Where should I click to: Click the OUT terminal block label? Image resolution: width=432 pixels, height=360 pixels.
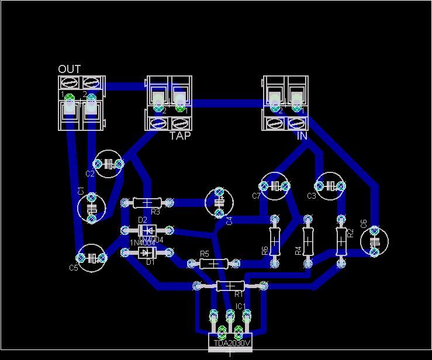(69, 70)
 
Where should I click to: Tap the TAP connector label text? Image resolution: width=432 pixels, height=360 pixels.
(180, 136)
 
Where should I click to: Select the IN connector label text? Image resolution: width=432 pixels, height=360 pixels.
(302, 136)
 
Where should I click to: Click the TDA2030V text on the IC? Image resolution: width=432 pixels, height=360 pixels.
(231, 344)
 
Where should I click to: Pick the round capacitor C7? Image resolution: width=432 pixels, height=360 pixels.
(274, 186)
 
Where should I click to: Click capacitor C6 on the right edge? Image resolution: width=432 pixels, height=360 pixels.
(374, 240)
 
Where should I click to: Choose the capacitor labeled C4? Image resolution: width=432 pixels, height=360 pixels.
(219, 202)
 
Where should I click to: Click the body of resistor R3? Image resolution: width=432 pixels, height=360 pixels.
(147, 203)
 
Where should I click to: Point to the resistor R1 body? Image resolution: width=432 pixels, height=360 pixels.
(230, 286)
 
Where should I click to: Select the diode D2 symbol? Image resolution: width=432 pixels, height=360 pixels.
(146, 229)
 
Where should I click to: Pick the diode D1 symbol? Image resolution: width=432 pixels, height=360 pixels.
(146, 252)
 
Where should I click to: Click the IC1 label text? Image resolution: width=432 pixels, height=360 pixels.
(240, 306)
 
